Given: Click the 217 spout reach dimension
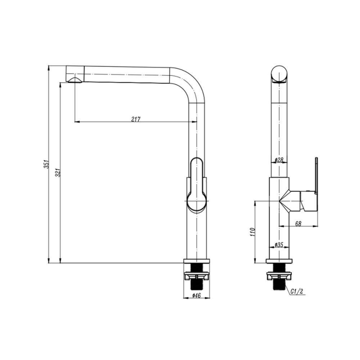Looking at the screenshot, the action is coord(136,119).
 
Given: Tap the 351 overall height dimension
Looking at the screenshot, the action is coord(46,164).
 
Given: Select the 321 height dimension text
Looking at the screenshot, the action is coord(58,172).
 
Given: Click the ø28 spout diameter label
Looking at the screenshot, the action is coord(279,160).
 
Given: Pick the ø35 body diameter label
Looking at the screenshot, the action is coord(279,245).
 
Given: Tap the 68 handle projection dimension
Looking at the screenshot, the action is coord(298,224).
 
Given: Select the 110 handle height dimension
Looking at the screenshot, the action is coord(253,232).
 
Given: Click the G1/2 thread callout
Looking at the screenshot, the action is coord(297,291).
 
